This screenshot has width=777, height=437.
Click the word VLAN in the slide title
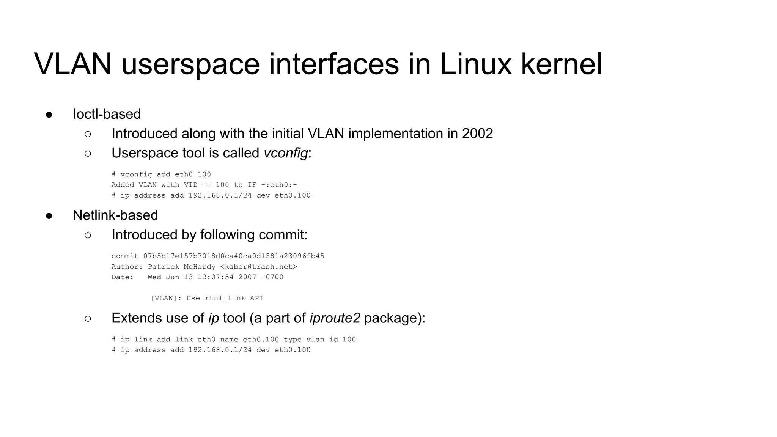[72, 64]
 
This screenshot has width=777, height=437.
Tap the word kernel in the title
[561, 64]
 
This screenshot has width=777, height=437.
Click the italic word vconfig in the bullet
[286, 153]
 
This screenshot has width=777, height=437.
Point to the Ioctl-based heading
[107, 114]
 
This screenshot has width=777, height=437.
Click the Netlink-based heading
[115, 215]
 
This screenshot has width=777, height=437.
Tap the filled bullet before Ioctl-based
[49, 115]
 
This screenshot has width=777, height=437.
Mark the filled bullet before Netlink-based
[49, 216]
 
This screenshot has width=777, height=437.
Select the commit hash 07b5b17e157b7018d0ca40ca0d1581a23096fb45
[234, 256]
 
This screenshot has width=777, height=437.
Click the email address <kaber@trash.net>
[258, 267]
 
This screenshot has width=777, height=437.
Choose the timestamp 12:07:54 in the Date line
[215, 277]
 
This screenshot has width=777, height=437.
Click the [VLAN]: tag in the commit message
[166, 298]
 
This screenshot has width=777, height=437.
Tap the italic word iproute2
[335, 318]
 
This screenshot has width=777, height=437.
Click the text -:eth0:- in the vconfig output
[279, 185]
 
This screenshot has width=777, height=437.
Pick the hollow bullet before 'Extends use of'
[88, 319]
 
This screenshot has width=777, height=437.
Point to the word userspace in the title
[190, 64]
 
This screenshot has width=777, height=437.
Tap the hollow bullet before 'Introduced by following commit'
[88, 235]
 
